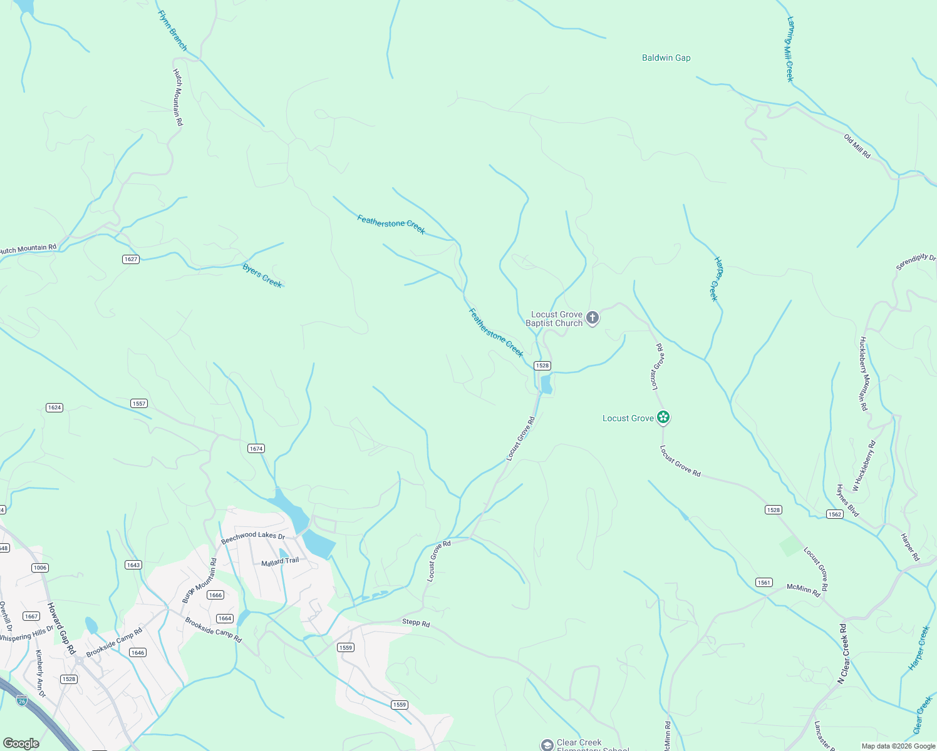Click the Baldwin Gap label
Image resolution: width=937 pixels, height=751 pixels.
point(666,58)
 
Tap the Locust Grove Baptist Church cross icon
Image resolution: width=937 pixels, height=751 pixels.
point(592,318)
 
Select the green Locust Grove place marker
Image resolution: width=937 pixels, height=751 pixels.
point(663,417)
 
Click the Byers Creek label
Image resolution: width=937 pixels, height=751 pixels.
point(262,275)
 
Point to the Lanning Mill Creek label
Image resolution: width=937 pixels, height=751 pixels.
point(790,49)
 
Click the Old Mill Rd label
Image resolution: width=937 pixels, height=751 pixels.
point(857,146)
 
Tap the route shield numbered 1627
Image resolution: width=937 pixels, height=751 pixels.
point(130,259)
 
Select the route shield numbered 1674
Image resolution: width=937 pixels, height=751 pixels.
point(256,448)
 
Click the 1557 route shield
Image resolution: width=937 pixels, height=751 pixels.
point(139,404)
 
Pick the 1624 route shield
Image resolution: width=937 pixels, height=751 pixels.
point(54,407)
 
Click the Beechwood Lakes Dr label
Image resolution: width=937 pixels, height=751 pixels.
point(252,536)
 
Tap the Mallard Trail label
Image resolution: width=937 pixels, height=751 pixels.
point(280,561)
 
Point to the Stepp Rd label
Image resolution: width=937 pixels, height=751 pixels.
point(416,623)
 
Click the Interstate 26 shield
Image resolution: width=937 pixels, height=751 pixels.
point(22,700)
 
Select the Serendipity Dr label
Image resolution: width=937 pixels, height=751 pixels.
point(915,262)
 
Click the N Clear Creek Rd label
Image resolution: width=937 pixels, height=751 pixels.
point(843,653)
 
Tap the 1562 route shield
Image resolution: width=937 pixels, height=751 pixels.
point(834,514)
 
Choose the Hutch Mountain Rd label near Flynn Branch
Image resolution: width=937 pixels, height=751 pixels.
point(178,97)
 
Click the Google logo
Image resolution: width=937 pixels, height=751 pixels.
point(21,743)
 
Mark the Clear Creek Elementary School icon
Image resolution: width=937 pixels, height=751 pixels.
point(547,745)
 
